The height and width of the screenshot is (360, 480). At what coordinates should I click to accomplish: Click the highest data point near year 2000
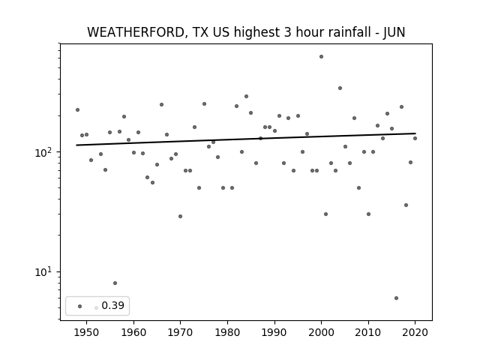click(x=321, y=57)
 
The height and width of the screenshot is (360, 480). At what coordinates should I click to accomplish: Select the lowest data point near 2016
click(x=396, y=298)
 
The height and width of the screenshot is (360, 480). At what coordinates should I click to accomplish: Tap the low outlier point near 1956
click(x=115, y=283)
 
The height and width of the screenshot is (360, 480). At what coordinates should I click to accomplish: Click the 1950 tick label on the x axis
click(x=87, y=332)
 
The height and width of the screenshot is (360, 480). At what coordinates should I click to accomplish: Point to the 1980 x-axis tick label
click(x=227, y=332)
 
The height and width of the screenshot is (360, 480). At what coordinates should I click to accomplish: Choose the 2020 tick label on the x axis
click(x=415, y=332)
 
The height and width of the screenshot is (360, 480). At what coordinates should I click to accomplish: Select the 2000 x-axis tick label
click(x=321, y=332)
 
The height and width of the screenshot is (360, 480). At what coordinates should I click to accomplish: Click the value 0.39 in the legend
click(x=113, y=305)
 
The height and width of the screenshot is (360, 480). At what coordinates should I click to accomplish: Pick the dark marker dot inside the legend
click(x=79, y=306)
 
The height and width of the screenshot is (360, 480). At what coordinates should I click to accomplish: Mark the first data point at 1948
click(x=77, y=110)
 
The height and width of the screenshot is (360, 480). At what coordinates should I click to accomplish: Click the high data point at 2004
click(x=340, y=88)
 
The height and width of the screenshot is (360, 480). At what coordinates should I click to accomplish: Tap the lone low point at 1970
click(x=180, y=217)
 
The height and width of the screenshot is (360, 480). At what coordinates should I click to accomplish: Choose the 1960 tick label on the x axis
click(x=133, y=332)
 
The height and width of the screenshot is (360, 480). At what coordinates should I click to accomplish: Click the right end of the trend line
click(x=415, y=133)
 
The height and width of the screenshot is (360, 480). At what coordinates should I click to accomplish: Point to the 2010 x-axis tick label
click(x=368, y=332)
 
